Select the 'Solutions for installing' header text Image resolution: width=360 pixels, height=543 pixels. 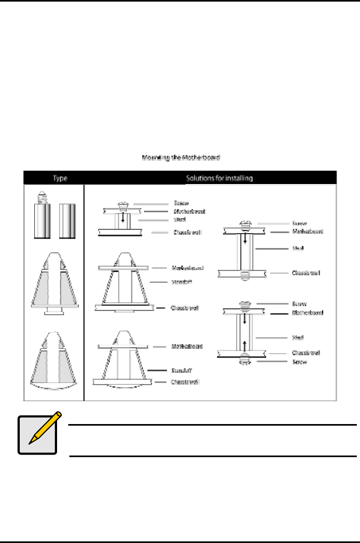(219, 178)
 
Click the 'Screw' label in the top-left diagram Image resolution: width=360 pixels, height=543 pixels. (181, 204)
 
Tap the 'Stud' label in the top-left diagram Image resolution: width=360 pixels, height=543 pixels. (180, 219)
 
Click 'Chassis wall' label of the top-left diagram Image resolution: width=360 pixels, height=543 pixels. (187, 233)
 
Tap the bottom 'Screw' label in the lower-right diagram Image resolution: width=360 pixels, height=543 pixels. (299, 362)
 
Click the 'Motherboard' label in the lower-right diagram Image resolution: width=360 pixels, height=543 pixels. (308, 313)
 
